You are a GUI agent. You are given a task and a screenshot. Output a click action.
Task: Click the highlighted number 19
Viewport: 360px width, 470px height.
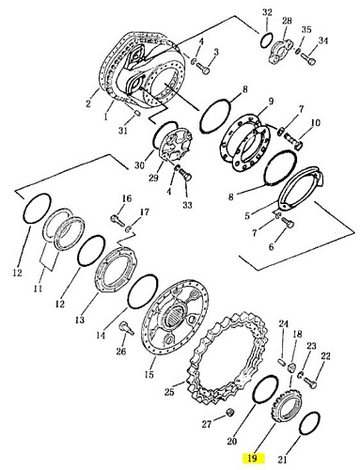(x=252, y=458)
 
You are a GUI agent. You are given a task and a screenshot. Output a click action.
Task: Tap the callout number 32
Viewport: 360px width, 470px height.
(x=267, y=12)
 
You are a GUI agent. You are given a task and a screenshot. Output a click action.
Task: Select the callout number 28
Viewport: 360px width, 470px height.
(x=287, y=21)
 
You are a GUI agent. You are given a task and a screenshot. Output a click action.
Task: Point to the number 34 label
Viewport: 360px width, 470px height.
(x=323, y=40)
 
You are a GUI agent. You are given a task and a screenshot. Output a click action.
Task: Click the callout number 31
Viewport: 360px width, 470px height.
(x=123, y=130)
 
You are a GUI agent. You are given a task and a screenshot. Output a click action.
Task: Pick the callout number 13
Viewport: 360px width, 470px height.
(x=80, y=320)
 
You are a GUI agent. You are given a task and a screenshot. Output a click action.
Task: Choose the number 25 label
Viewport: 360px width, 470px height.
(x=169, y=392)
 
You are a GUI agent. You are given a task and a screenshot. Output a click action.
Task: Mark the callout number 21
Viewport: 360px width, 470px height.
(x=283, y=460)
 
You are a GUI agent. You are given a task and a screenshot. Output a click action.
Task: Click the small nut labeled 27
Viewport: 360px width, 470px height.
(x=230, y=413)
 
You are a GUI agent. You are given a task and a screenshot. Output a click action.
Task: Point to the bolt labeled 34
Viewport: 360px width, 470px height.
(x=308, y=59)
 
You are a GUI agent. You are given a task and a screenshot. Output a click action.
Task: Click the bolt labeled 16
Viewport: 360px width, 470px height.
(x=117, y=219)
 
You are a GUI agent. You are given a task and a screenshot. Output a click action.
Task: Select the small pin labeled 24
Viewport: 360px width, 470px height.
(x=281, y=361)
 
